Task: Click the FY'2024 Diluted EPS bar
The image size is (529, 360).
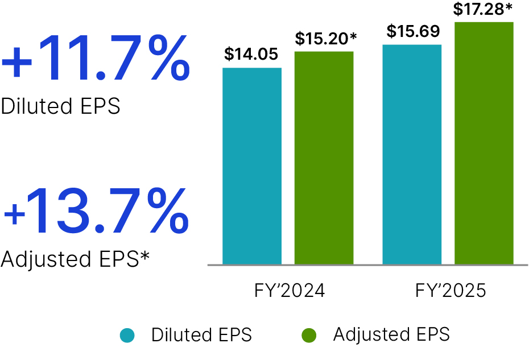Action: click(252, 166)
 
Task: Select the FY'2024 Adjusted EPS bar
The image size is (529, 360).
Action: click(324, 158)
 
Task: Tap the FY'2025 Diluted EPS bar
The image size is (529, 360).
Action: click(412, 155)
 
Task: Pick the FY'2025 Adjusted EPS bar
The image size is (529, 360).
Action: click(484, 143)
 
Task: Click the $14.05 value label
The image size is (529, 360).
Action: click(251, 55)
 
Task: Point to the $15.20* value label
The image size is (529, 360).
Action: click(326, 39)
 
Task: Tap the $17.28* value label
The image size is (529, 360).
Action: click(484, 9)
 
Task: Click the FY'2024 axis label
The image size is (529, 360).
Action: click(290, 291)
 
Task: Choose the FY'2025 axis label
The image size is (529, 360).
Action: click(451, 291)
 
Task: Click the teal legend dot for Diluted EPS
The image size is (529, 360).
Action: click(127, 335)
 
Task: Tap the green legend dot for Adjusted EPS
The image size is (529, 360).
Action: click(309, 335)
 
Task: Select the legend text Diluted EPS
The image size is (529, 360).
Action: click(201, 335)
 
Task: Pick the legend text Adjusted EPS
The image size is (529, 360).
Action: click(391, 334)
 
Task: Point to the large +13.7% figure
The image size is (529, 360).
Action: click(95, 212)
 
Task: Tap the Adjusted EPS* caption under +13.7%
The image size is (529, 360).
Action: click(75, 259)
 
